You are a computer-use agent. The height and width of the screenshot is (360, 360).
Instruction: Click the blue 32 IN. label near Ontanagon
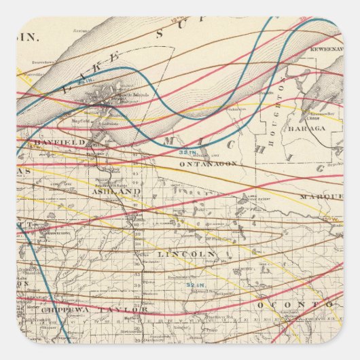pos(187,151)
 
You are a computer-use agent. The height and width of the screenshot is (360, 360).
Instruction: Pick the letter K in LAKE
pos(101,65)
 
